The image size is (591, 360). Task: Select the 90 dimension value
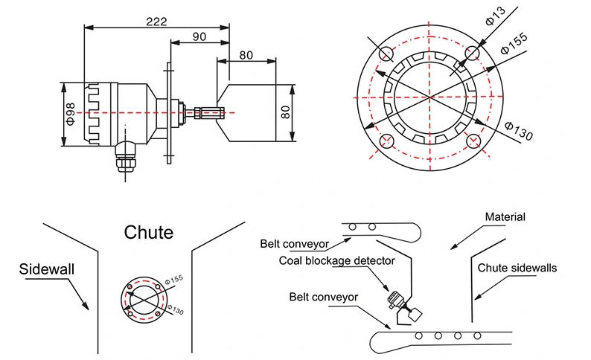(199, 36)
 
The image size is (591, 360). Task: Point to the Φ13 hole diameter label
(493, 16)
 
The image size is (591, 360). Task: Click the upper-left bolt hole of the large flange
(386, 54)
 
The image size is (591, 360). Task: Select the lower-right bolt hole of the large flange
(473, 141)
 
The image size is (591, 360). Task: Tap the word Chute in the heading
(149, 232)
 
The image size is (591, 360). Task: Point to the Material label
(505, 217)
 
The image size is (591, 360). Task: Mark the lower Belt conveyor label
(324, 297)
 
